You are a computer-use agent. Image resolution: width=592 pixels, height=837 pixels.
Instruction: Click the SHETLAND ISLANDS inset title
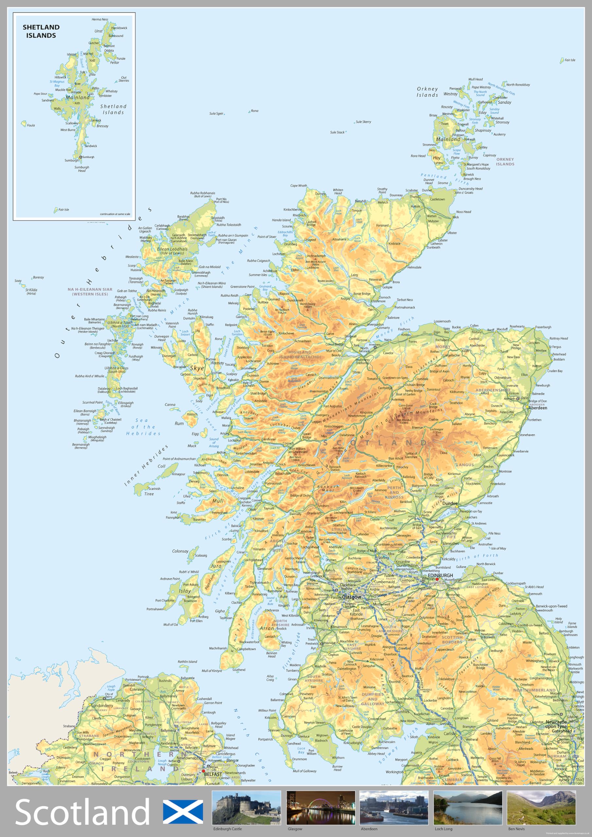(x=41, y=31)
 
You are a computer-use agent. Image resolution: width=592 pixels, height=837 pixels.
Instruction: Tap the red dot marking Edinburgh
(x=437, y=579)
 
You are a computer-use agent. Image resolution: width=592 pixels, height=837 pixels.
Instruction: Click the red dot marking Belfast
(x=203, y=771)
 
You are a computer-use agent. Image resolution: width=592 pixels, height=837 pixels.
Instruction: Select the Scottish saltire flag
(x=183, y=812)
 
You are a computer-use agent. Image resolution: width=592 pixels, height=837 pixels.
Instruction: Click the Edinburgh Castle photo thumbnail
(x=246, y=808)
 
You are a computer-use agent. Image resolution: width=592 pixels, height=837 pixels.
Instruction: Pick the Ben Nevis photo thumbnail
(x=541, y=808)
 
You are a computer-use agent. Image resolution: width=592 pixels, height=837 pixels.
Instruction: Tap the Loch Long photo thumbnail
(x=468, y=808)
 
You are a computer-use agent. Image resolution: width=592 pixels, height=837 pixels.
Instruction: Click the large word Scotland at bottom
(x=82, y=812)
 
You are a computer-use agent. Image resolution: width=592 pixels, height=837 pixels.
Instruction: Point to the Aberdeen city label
(x=538, y=408)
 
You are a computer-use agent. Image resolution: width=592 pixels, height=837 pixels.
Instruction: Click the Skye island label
(x=197, y=368)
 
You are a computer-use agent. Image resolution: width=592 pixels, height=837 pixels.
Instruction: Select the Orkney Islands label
(x=427, y=92)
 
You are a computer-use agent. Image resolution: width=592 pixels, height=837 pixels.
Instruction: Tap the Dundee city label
(x=450, y=504)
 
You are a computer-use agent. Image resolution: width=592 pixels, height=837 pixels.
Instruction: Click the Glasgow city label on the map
(x=351, y=597)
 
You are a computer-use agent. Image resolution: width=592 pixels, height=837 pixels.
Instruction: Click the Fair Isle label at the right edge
(x=570, y=60)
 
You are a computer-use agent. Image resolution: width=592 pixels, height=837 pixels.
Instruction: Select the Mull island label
(x=218, y=501)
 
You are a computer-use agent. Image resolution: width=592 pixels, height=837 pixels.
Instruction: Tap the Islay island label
(x=184, y=591)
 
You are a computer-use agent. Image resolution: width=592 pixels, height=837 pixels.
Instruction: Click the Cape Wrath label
(x=298, y=186)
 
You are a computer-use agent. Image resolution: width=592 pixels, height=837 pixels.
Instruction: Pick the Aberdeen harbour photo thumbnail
(x=393, y=808)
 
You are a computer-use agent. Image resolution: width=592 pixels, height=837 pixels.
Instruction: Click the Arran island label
(x=267, y=628)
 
